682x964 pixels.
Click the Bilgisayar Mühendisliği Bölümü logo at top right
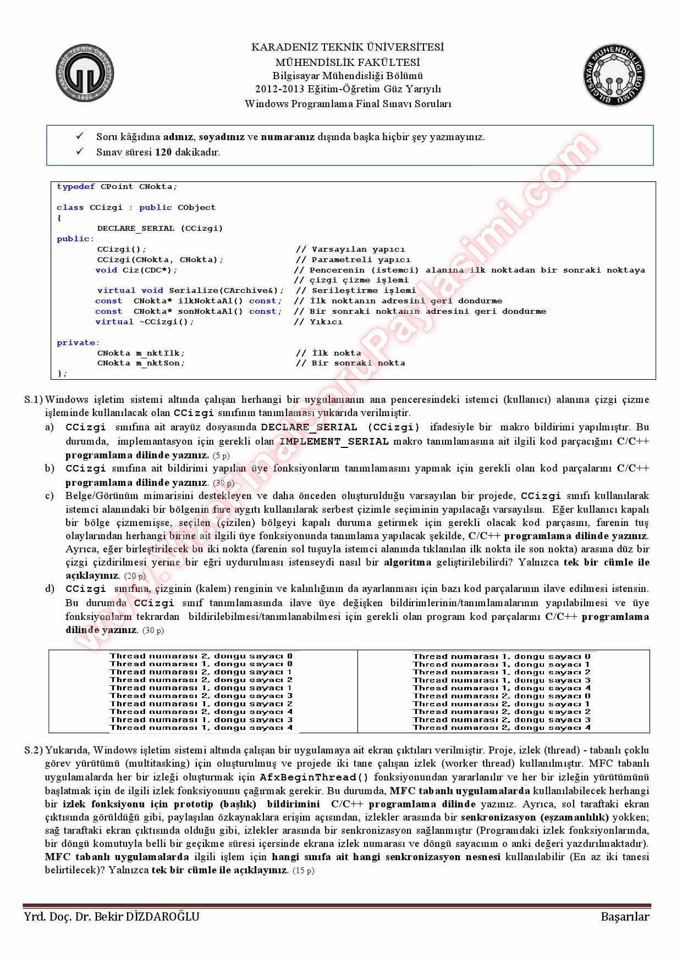click(x=614, y=76)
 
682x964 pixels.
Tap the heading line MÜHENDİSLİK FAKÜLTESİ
click(x=348, y=62)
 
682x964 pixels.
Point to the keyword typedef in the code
click(x=76, y=186)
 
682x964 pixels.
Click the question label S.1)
click(x=34, y=400)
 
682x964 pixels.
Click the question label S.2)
click(x=34, y=750)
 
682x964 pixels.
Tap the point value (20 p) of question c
click(x=135, y=576)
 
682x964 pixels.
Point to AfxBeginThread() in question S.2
click(x=314, y=777)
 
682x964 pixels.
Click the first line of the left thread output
click(x=201, y=656)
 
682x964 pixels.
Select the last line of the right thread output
click(x=502, y=727)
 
